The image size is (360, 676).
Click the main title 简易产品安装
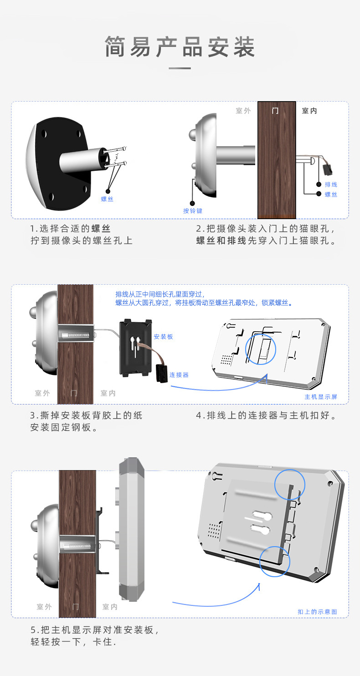180,47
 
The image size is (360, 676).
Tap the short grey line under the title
180,68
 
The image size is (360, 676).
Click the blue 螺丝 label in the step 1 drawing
107,199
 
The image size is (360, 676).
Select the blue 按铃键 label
192,210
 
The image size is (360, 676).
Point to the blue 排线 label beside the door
331,184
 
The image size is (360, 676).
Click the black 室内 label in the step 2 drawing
309,111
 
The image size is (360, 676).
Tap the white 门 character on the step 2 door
275,111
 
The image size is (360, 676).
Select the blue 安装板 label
163,337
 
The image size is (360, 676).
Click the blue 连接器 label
179,375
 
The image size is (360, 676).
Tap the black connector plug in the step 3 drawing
161,373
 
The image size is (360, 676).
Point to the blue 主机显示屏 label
321,397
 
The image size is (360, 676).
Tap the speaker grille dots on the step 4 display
226,359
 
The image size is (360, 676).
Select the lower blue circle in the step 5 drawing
275,561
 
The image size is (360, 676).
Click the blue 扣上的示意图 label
317,612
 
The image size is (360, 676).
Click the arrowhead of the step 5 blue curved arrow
259,585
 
